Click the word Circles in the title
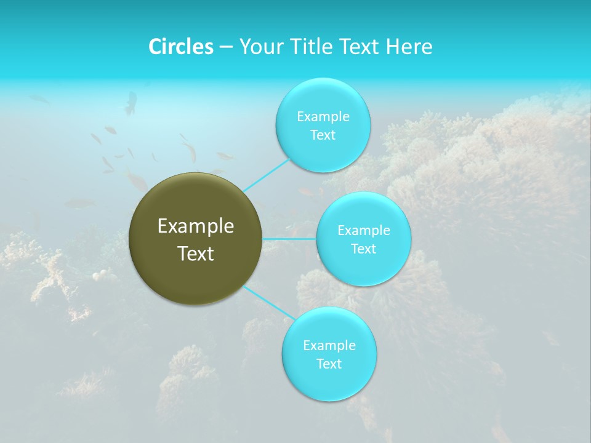point(181,47)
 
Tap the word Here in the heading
point(409,47)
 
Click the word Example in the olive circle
point(196,226)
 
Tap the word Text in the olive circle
point(196,253)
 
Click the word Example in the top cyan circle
point(323,116)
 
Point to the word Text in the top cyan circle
point(323,135)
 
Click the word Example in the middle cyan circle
point(364,231)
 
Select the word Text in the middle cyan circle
point(364,249)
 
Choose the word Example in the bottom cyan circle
point(329,346)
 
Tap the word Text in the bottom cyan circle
point(329,364)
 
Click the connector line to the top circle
point(266,175)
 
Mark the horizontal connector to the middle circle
point(289,239)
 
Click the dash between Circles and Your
point(226,47)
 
